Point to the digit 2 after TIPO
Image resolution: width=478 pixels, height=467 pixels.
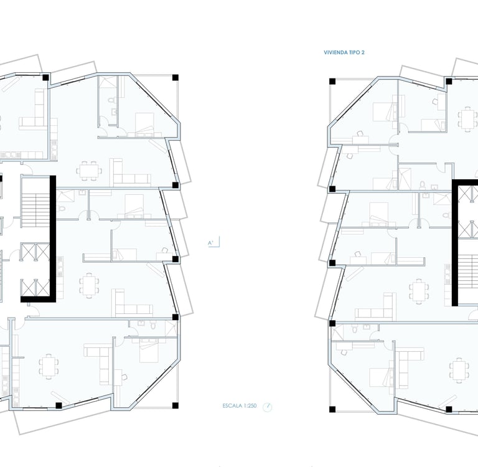pos(363,52)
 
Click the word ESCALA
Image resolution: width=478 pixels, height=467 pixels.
pos(232,406)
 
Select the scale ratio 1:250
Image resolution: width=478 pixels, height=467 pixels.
pos(250,406)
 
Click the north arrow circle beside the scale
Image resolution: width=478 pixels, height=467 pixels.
pos(268,407)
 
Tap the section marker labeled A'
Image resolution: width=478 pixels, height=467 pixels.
pos(211,243)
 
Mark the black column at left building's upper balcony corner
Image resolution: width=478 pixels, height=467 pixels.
pos(176,77)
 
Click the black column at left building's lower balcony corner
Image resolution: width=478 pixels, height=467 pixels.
pos(176,405)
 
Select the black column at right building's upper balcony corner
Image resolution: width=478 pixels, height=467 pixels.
pos(332,82)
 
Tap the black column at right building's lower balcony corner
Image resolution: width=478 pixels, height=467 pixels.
pos(332,409)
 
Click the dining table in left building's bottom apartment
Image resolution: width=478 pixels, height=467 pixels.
pos(49,366)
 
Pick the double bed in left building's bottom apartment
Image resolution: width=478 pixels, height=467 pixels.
pos(149,350)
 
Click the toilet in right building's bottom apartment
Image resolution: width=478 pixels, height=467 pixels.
pos(354,329)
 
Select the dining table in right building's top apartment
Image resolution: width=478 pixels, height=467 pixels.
pos(467,119)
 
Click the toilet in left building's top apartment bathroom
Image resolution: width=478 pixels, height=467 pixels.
pos(111,100)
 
